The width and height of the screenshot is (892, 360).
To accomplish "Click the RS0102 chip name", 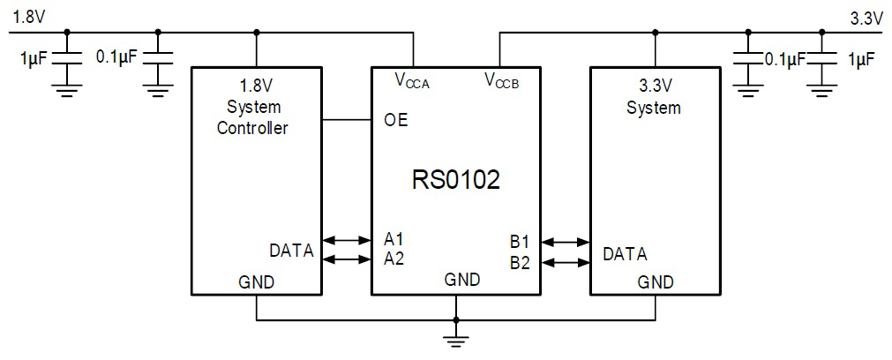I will pos(455,180).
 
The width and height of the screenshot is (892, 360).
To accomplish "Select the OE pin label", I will pos(396,120).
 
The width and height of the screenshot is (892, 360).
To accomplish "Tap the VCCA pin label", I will pos(412,81).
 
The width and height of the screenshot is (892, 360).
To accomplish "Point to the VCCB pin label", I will pos(501,81).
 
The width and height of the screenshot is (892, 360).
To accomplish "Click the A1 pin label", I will pos(394,239).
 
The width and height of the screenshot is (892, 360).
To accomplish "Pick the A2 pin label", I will pos(394,259).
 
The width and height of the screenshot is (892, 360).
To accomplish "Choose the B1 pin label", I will pos(520,241).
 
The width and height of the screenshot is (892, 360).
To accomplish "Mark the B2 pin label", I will pos(520,261).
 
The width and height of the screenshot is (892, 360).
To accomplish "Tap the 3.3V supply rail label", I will pos(866,17).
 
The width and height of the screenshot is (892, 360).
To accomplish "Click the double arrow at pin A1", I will pos(347,239).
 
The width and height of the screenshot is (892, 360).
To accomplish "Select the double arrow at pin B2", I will pos(566,261).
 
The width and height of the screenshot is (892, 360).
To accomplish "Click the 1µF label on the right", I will pos(861,59).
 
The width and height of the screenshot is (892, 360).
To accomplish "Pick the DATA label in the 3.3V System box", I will pos(625,254).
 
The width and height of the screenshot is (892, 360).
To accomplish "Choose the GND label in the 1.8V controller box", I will pos(256,282).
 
